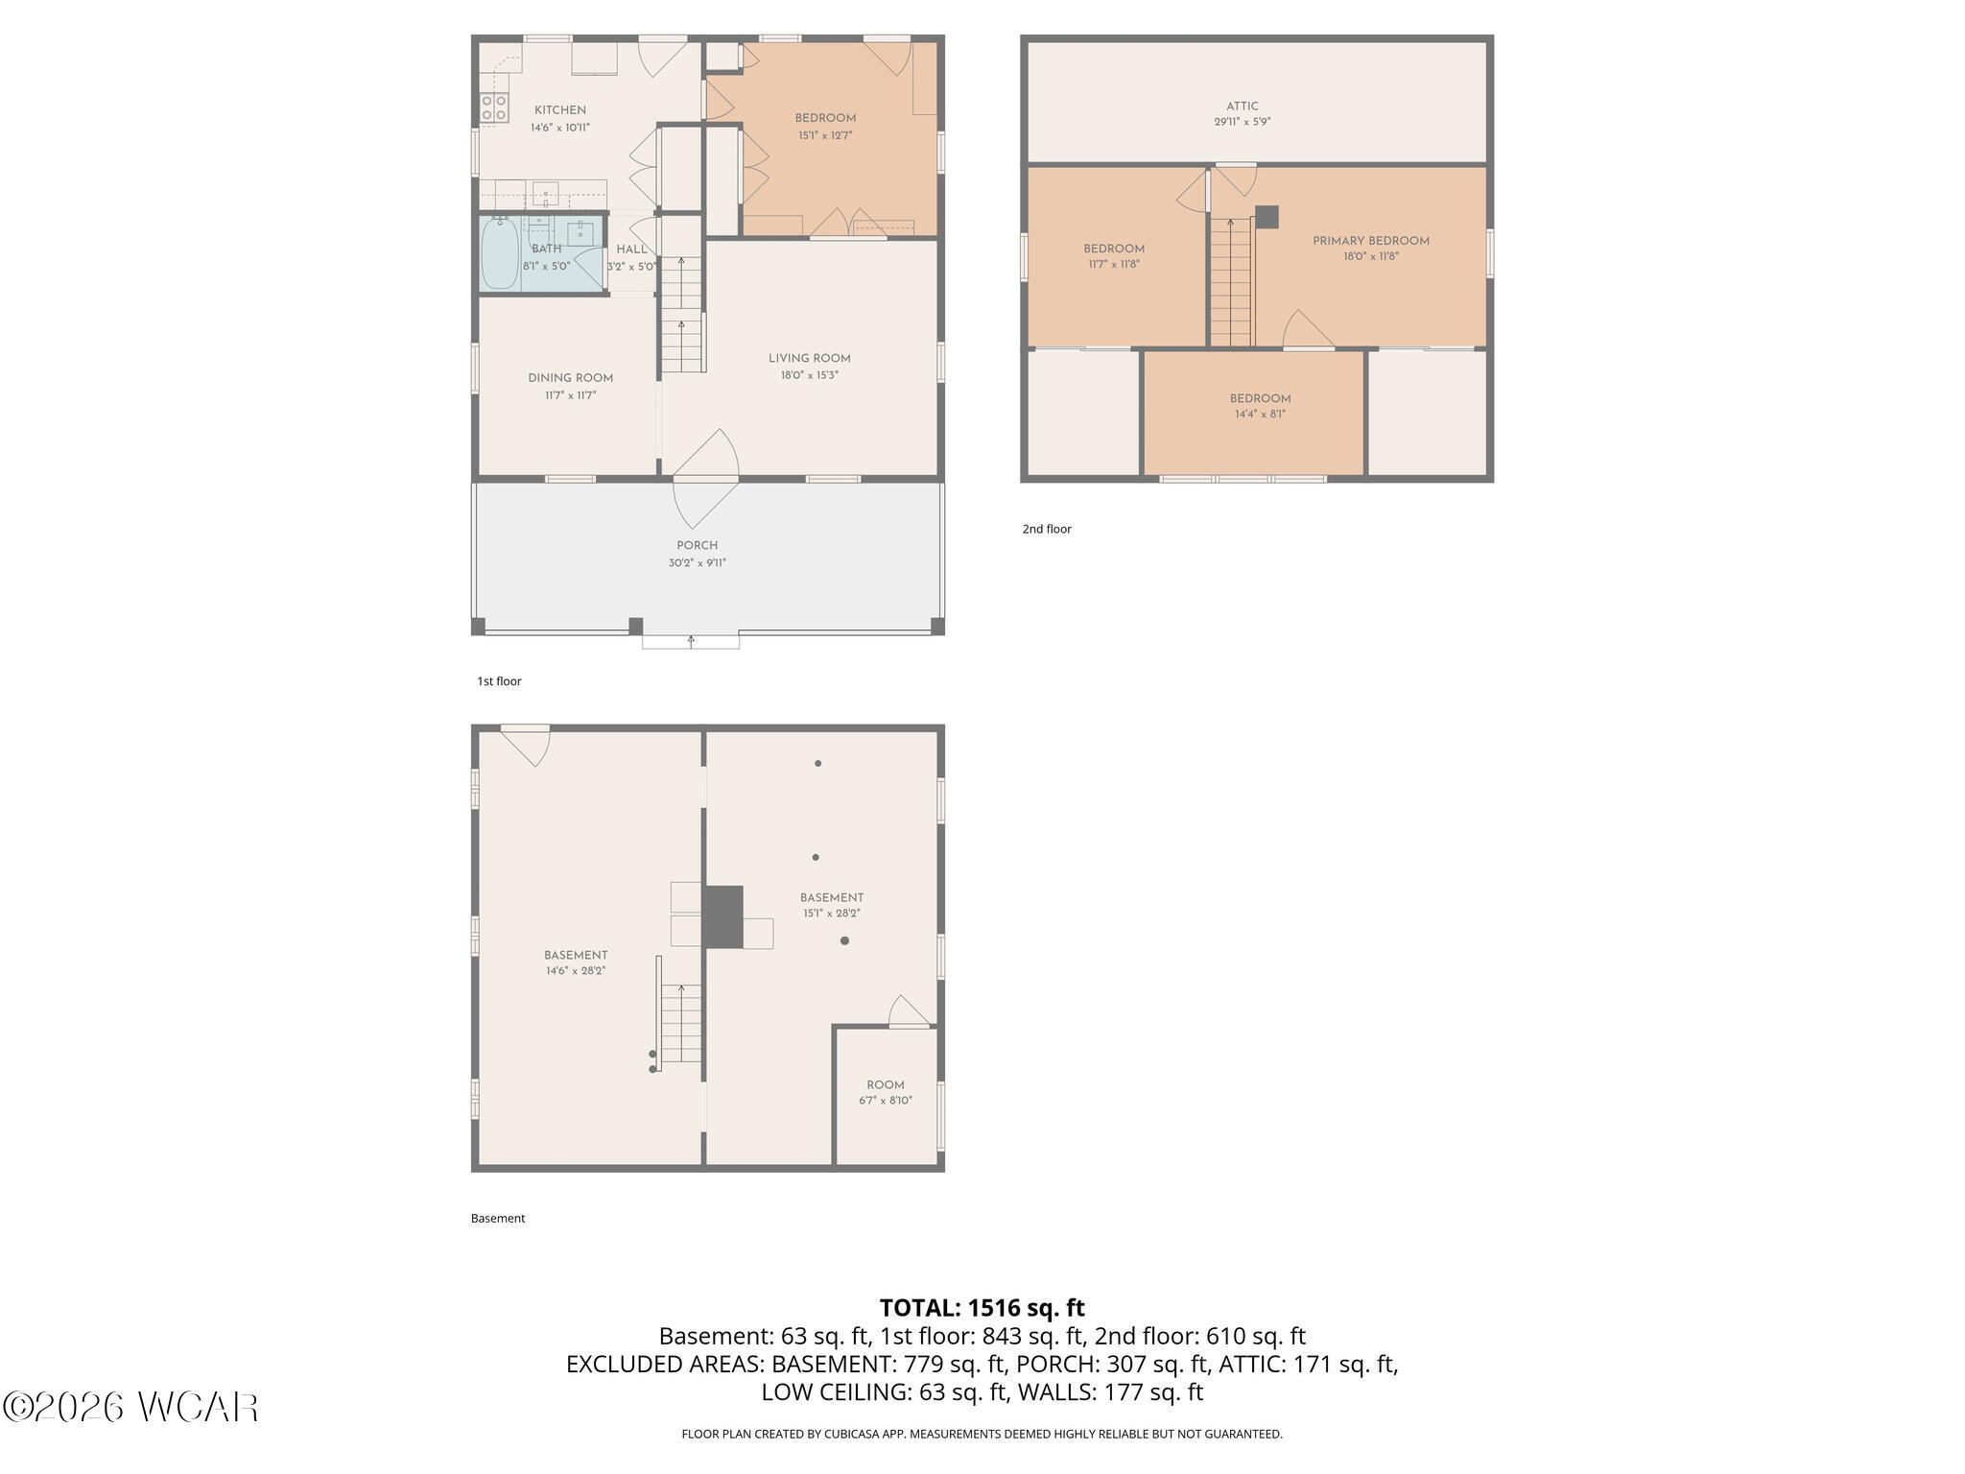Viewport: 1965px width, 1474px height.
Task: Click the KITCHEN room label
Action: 560,110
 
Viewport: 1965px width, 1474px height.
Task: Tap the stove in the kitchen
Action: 494,108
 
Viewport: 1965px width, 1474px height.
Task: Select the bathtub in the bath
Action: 499,252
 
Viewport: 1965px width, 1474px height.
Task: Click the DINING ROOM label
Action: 570,378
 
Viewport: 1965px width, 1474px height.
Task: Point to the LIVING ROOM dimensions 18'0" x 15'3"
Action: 809,375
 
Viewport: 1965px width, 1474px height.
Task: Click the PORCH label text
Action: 698,546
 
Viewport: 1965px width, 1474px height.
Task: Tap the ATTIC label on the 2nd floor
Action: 1243,107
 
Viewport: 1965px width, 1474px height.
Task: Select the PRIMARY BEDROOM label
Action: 1371,241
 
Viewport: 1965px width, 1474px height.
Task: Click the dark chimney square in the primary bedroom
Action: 1267,217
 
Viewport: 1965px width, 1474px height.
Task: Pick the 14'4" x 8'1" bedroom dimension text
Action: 1260,415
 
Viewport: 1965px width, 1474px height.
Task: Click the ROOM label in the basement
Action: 886,1085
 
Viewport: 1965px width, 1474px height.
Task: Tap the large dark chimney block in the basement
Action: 723,917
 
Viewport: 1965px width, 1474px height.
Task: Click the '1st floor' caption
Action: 499,681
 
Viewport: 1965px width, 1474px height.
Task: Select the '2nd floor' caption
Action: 1047,529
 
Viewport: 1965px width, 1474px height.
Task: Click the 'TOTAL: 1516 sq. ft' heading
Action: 982,1308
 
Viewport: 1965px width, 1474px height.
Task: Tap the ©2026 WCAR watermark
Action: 130,1407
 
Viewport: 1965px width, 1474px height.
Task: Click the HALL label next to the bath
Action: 631,250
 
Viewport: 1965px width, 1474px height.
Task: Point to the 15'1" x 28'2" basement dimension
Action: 832,914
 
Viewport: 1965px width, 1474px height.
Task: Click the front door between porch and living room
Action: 706,477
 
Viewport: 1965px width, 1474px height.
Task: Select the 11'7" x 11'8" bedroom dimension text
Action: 1114,264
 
